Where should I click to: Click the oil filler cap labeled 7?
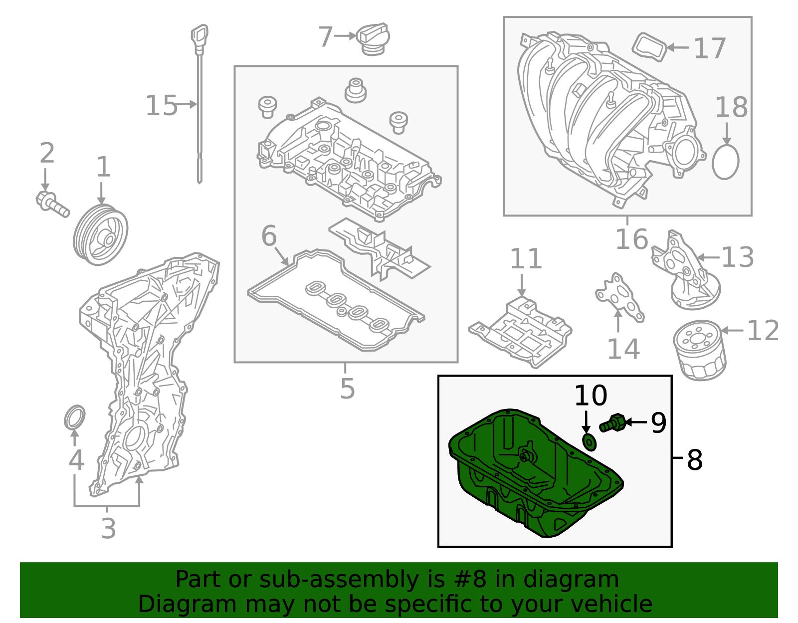click(x=373, y=40)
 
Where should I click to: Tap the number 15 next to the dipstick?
click(x=161, y=106)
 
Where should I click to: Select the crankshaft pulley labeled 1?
click(x=101, y=234)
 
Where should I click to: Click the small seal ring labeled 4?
click(x=75, y=417)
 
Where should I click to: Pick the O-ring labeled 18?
click(x=725, y=162)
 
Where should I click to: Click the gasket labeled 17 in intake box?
click(x=650, y=47)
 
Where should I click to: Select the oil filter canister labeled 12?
click(x=699, y=350)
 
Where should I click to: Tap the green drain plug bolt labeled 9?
click(x=612, y=423)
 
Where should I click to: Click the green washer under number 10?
click(x=590, y=441)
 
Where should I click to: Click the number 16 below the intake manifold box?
click(x=631, y=239)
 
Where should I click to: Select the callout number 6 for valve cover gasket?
click(x=269, y=235)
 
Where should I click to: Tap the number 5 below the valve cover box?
click(x=347, y=388)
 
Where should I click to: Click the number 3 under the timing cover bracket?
click(x=108, y=528)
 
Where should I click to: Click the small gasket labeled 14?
click(x=619, y=297)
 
